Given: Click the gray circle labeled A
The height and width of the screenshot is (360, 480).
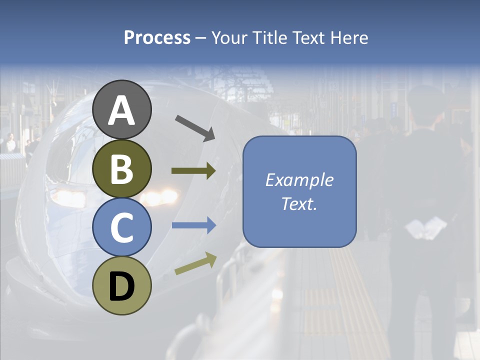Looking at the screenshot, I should coord(122,110).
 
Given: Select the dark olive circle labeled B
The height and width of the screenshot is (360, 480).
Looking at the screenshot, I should coord(122,169).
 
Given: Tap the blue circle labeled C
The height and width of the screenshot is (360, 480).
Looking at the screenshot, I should coord(122,227).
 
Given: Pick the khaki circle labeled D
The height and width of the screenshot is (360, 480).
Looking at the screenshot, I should coord(122,286).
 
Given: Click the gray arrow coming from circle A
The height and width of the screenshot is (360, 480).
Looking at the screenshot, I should coord(194,127).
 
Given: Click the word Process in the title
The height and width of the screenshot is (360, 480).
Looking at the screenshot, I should coord(157,37).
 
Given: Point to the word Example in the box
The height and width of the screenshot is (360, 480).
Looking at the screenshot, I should coord(299,180).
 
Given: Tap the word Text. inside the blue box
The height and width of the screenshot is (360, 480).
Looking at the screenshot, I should coord(299,203).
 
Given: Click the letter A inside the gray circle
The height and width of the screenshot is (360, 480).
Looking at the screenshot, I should coord(122,111).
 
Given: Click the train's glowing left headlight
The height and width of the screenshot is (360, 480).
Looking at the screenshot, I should coord(68,196).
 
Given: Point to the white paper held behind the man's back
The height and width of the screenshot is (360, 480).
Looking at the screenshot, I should coord(425,227).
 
